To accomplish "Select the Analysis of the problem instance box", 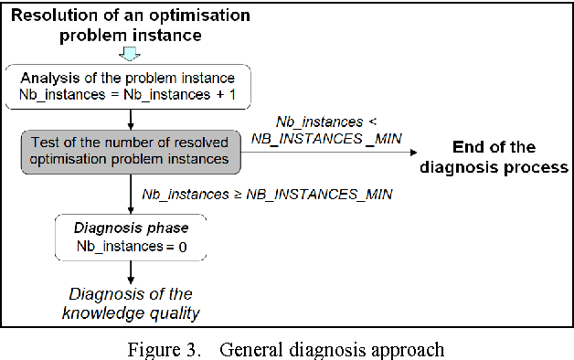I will (x=133, y=86).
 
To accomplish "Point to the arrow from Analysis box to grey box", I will (x=133, y=119).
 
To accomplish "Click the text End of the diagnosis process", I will (x=498, y=156).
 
